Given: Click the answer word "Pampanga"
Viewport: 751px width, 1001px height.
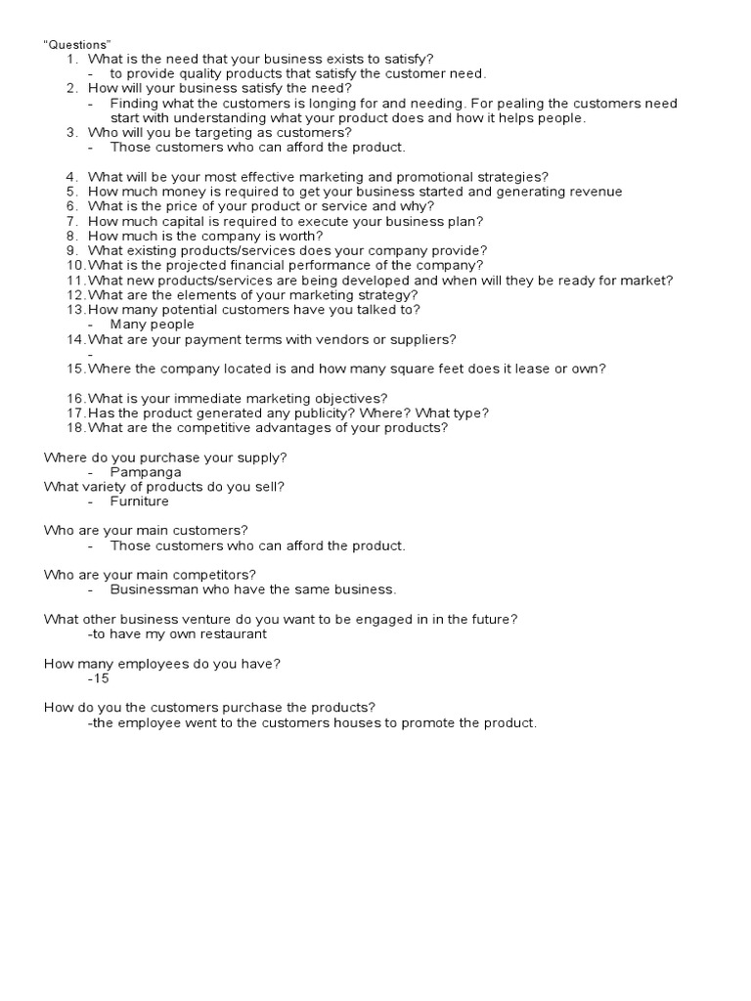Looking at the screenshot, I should click(x=146, y=472).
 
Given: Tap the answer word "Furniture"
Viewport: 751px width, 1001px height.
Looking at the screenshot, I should click(x=140, y=501).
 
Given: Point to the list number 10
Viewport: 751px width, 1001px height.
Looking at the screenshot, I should click(x=75, y=265).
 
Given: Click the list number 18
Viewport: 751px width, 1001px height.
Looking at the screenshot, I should click(x=75, y=427).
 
